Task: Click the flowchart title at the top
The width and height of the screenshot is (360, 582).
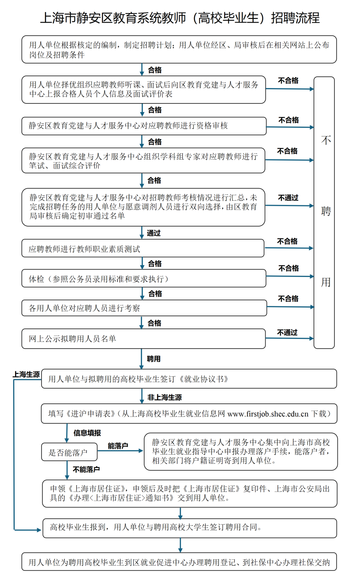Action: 180,18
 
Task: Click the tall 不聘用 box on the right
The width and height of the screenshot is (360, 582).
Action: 324,212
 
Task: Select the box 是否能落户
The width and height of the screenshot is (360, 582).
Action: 69,452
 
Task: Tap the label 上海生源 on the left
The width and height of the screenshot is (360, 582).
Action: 26,375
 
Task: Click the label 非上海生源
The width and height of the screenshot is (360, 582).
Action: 164,397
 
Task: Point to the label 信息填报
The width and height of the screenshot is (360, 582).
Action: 87,433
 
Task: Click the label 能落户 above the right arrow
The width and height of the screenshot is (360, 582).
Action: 118,446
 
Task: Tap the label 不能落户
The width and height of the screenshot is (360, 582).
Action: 86,469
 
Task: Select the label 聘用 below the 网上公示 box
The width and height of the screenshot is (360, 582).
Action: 153,359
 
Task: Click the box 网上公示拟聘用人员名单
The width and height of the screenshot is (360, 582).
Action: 143,339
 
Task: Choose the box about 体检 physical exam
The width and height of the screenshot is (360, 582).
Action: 143,279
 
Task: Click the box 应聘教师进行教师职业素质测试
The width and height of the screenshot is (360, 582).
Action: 142,248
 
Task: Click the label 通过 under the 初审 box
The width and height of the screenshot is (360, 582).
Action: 153,233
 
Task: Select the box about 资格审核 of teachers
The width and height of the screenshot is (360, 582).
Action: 144,126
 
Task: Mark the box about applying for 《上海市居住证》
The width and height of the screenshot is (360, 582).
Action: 189,494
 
